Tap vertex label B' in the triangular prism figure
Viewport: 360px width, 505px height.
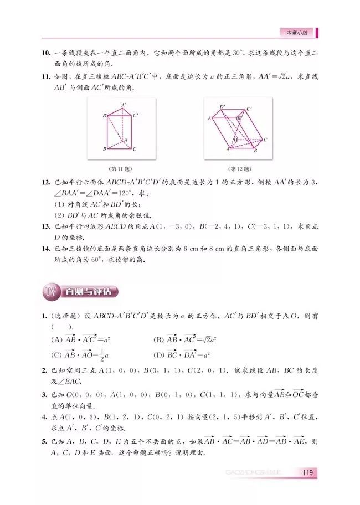(105, 115)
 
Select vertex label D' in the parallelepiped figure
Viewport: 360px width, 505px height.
(222, 106)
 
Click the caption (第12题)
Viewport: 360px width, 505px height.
(239, 168)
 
